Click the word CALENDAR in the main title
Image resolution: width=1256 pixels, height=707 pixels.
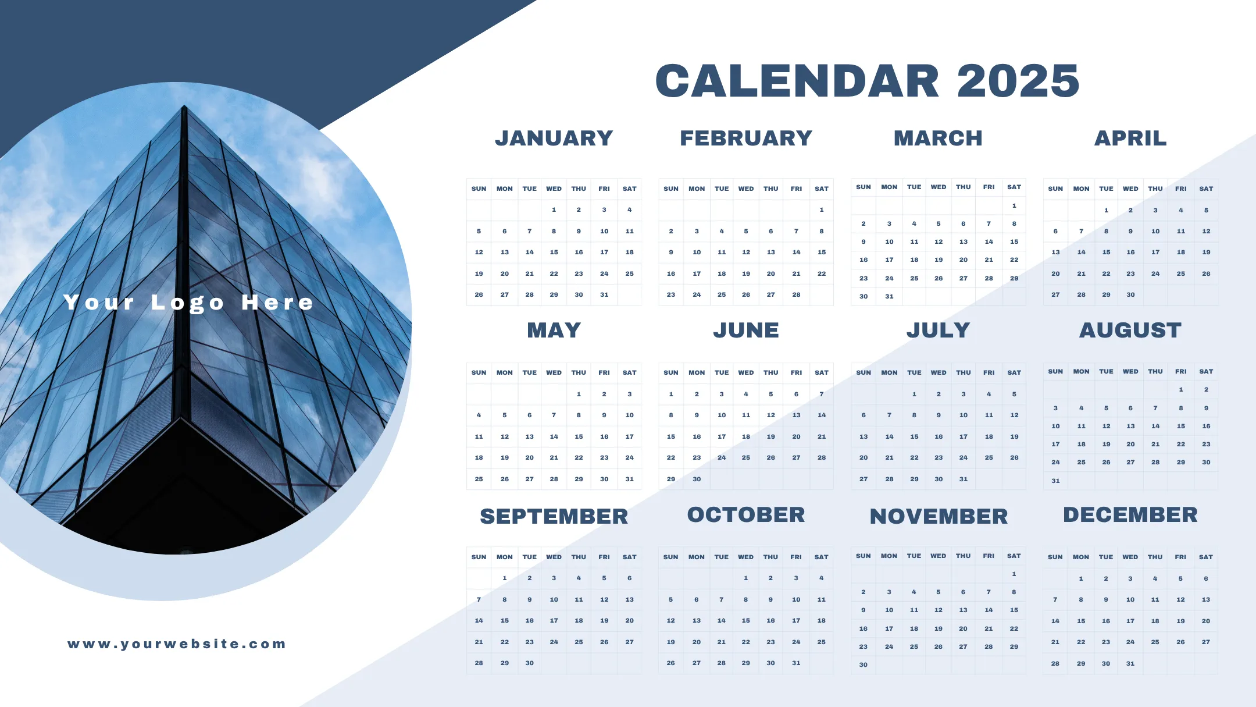click(797, 81)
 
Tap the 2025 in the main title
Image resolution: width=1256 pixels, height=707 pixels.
click(1018, 81)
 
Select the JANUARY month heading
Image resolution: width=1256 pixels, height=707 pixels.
click(554, 138)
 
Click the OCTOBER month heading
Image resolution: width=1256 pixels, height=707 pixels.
click(746, 515)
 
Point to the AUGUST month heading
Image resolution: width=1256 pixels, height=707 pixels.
click(1130, 331)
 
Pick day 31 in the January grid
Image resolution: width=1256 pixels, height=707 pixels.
click(604, 295)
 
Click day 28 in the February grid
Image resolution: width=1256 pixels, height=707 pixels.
click(796, 295)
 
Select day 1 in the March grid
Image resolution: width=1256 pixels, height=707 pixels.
click(1014, 206)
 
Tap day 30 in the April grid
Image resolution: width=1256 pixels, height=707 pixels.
click(1130, 295)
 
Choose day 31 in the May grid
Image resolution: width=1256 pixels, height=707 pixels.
click(629, 479)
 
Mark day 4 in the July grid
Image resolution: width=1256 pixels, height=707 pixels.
click(989, 395)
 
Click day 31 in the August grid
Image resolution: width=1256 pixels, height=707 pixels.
click(1055, 481)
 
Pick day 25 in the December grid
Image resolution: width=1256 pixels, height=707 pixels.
click(1155, 642)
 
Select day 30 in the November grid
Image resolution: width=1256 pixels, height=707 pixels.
click(863, 665)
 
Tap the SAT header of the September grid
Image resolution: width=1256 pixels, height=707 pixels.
click(629, 557)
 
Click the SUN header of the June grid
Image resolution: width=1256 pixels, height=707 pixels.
click(670, 373)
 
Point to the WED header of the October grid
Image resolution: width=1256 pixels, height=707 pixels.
click(745, 557)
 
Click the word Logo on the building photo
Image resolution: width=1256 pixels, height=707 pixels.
click(187, 303)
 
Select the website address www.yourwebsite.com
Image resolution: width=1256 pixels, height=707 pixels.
click(177, 644)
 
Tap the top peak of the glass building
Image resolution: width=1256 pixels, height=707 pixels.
click(184, 105)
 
